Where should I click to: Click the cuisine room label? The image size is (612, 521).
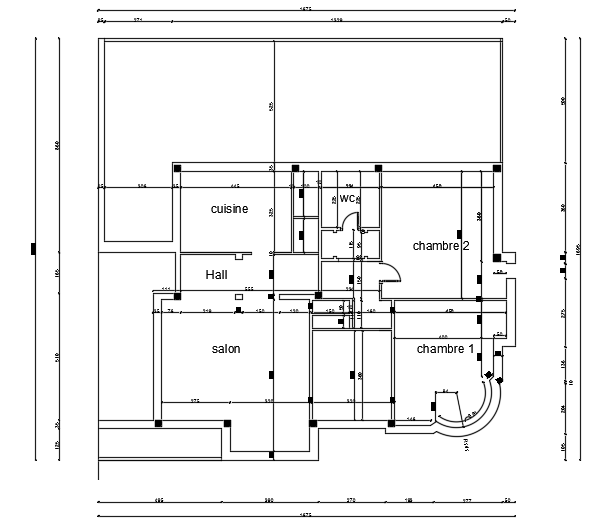229,209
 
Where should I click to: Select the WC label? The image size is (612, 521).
347,199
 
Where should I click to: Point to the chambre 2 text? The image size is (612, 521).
441,245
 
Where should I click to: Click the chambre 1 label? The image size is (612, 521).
445,349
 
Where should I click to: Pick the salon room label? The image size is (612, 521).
226,349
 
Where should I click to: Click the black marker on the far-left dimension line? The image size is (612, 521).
33,247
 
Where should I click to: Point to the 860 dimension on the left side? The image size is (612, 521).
57,146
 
